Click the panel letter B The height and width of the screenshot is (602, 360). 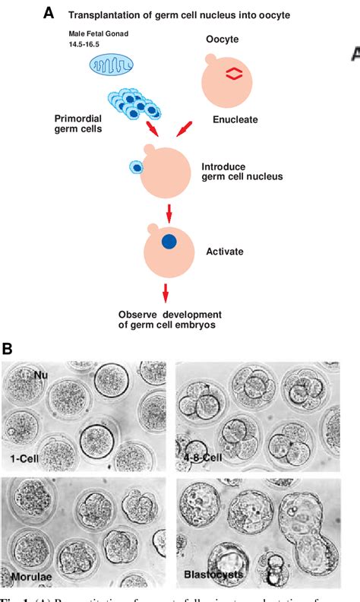8,349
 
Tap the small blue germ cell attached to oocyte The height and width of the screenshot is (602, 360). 137,167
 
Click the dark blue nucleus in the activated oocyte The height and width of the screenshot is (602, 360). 169,242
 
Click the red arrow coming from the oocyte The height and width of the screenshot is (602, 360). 184,131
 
